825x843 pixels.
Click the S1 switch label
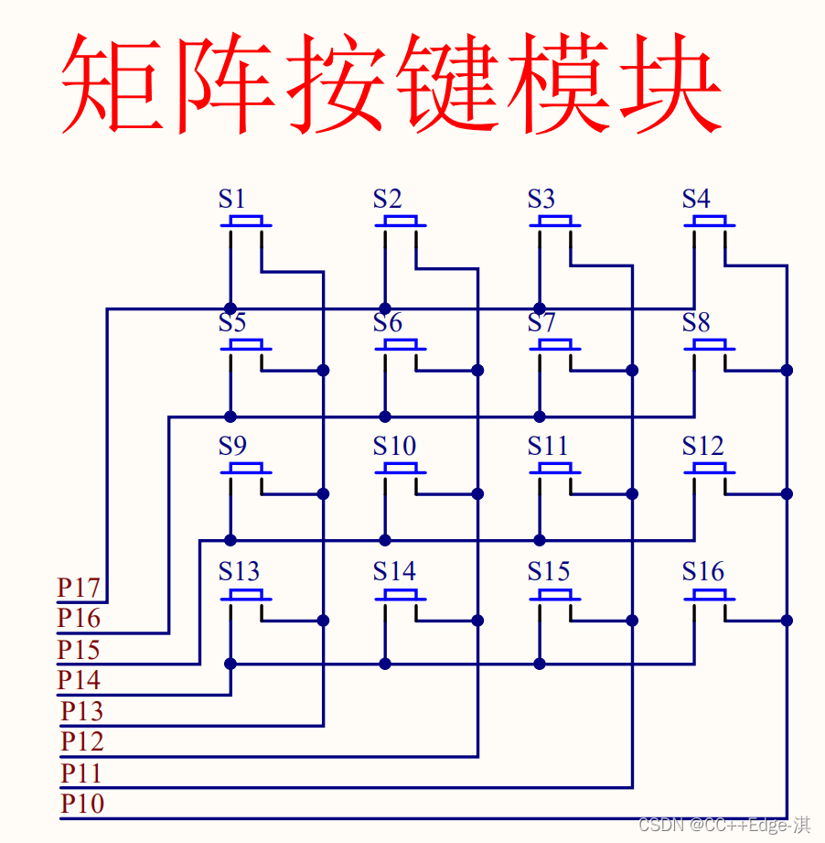(231, 199)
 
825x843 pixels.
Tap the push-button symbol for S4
(710, 222)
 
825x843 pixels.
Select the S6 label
(387, 323)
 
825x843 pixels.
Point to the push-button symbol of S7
(555, 346)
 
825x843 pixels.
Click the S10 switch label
(394, 447)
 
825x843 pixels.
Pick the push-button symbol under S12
(710, 470)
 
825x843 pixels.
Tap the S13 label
(239, 572)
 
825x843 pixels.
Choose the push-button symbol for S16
(710, 595)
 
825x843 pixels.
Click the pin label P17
(79, 588)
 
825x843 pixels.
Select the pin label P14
(79, 680)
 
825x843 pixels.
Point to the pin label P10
(82, 805)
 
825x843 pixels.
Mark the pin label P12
(82, 741)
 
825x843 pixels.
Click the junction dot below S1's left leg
(230, 308)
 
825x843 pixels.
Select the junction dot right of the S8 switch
(786, 370)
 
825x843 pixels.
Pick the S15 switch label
(549, 572)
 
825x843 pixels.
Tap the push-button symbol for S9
(246, 470)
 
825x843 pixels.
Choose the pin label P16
(79, 619)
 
